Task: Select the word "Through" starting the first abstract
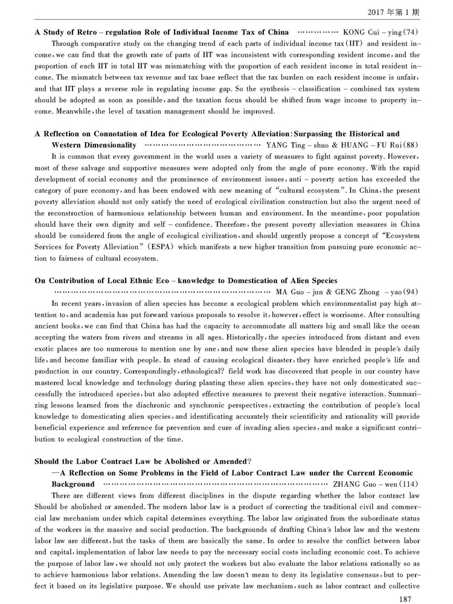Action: point(65,43)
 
